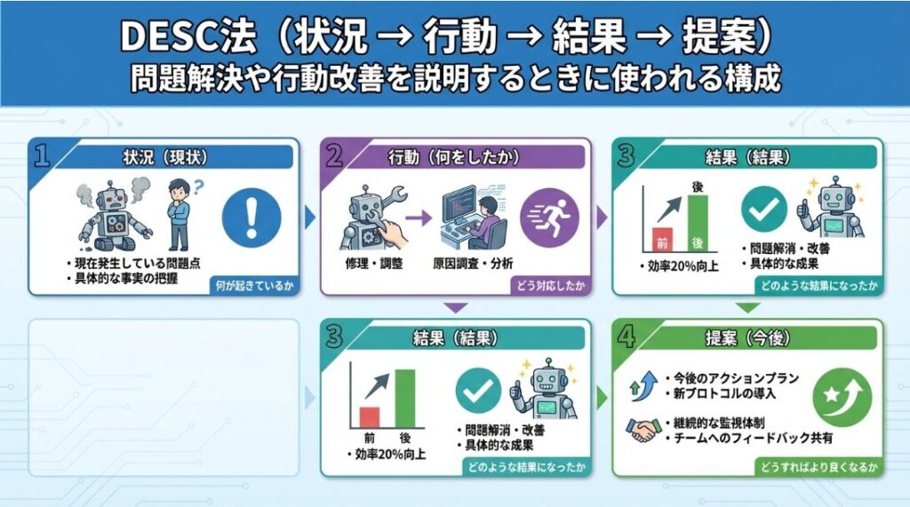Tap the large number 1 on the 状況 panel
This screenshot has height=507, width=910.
click(41, 155)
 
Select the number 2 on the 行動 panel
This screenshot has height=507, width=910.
click(334, 155)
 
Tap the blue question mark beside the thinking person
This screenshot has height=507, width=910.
click(198, 186)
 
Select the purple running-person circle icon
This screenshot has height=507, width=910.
click(549, 218)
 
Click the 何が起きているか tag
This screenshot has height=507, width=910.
click(254, 285)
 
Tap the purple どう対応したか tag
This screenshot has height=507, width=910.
click(549, 285)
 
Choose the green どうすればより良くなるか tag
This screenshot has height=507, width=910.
click(818, 467)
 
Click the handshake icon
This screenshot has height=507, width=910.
click(643, 430)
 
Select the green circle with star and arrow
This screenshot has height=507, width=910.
click(842, 398)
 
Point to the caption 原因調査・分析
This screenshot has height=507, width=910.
click(473, 264)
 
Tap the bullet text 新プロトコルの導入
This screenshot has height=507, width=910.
click(724, 393)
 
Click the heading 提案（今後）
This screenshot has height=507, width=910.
click(747, 337)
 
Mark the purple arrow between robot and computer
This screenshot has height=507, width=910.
click(419, 218)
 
